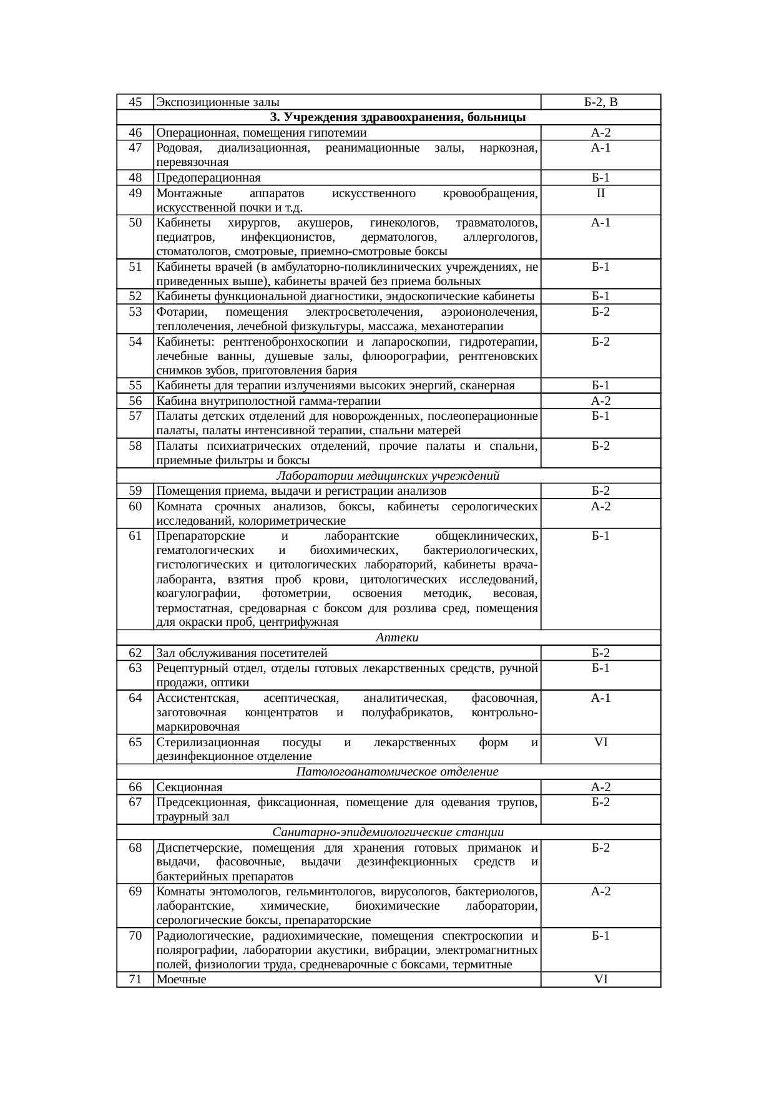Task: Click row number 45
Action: click(135, 102)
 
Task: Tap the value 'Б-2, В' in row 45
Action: click(600, 102)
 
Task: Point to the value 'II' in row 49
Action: click(600, 193)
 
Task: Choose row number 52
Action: click(135, 296)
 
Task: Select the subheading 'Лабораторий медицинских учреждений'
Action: click(388, 476)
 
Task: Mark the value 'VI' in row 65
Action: click(600, 742)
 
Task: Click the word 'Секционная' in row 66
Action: click(189, 787)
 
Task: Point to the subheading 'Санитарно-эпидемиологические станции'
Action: click(388, 832)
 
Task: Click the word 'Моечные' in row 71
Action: click(181, 980)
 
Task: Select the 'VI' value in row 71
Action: click(600, 980)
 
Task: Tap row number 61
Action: click(135, 536)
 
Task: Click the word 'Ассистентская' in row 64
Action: click(193, 698)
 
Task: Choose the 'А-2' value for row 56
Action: click(600, 401)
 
